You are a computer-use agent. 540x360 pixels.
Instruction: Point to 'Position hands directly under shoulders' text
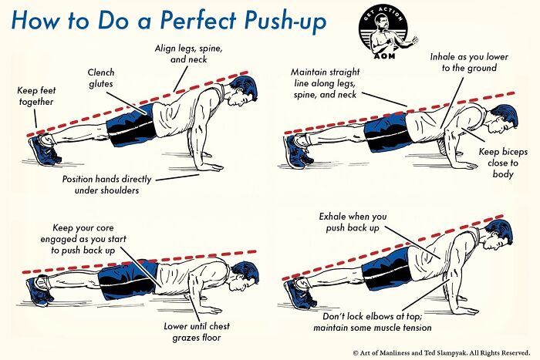click(x=113, y=184)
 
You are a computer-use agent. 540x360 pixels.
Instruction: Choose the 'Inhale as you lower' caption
click(x=463, y=62)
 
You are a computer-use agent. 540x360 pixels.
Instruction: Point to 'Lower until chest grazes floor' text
click(x=198, y=331)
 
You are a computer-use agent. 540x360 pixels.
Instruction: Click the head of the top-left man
click(x=241, y=96)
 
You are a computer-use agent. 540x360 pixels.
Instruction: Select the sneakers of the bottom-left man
click(x=40, y=291)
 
